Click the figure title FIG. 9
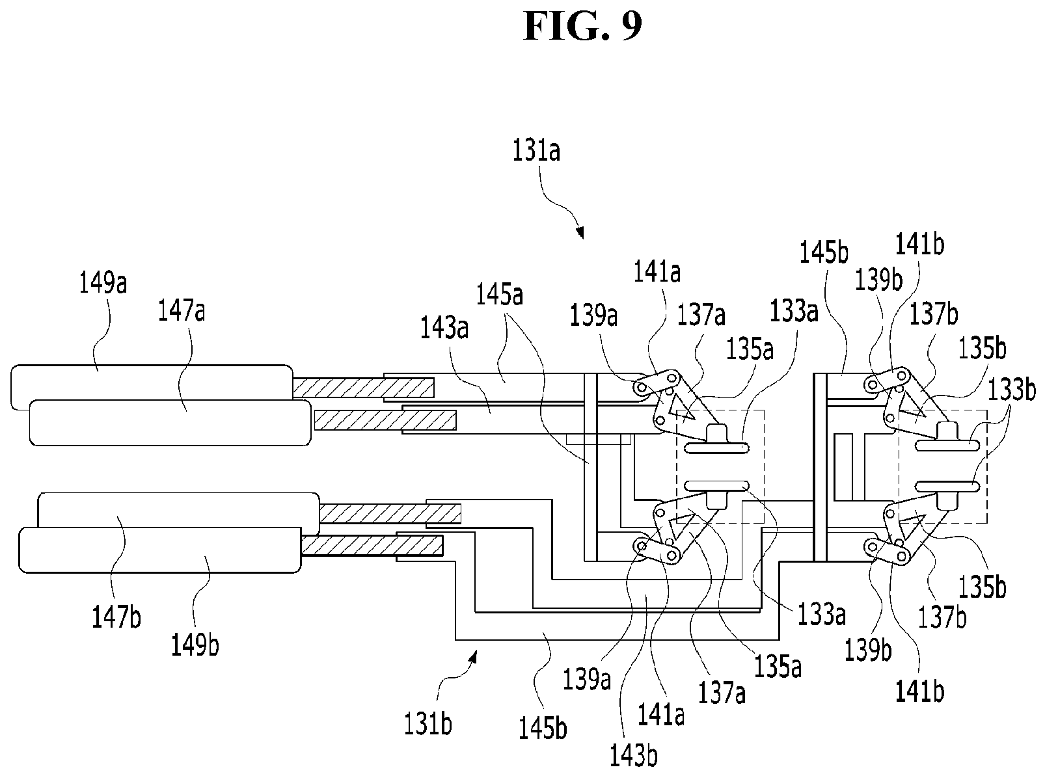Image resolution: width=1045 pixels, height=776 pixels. [x=582, y=27]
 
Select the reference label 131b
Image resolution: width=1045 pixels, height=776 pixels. [x=428, y=724]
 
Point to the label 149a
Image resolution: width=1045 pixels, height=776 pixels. [x=103, y=283]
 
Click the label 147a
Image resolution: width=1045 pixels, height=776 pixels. [x=182, y=312]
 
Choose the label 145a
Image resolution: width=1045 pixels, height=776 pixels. [x=500, y=295]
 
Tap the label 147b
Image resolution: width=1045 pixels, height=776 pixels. [x=116, y=617]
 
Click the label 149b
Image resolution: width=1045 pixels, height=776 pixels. [x=195, y=645]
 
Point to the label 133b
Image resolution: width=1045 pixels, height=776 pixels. [x=1012, y=390]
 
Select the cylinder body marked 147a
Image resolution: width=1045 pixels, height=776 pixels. [x=170, y=423]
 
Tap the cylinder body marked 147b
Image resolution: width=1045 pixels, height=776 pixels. [x=178, y=511]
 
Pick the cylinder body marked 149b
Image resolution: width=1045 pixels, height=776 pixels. [x=159, y=550]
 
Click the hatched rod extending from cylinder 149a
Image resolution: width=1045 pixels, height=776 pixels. [x=363, y=388]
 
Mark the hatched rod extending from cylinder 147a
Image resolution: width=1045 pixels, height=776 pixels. [x=385, y=420]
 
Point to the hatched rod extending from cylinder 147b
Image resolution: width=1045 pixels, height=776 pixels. [x=390, y=514]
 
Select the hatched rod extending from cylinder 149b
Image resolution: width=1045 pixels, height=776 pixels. [x=372, y=546]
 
